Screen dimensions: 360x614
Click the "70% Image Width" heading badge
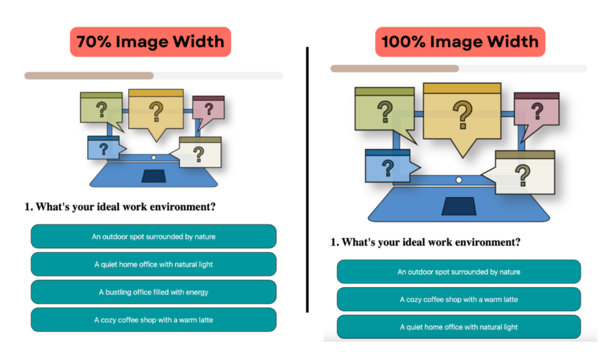[150, 42]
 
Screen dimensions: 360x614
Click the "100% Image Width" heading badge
[460, 42]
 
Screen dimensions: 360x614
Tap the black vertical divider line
[307, 179]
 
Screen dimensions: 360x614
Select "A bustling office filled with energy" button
[154, 292]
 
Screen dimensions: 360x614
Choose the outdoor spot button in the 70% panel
[154, 237]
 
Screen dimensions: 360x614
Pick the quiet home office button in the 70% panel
[154, 265]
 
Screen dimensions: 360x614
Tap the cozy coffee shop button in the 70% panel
[154, 320]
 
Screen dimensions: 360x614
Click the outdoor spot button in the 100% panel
[459, 272]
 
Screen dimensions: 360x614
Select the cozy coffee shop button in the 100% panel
[459, 300]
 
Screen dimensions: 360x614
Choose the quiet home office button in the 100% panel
[459, 327]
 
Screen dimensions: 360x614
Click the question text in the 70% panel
[120, 207]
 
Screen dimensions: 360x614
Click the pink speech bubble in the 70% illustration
[209, 109]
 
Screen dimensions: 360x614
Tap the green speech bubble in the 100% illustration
[384, 112]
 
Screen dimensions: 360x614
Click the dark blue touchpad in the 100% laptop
[459, 206]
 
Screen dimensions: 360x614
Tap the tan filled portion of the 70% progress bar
[89, 76]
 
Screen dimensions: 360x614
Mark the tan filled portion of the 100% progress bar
[395, 69]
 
